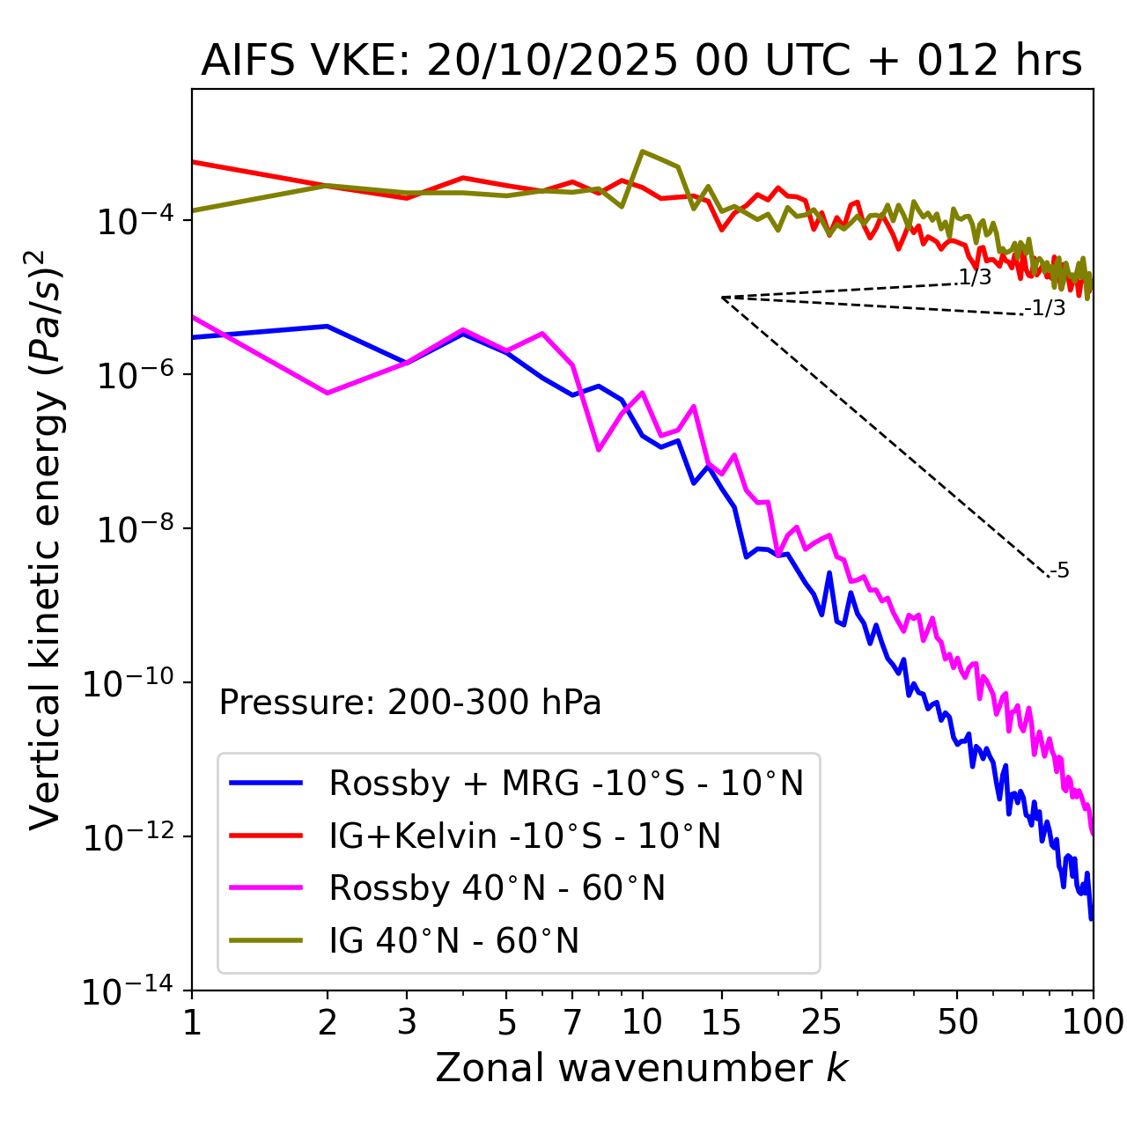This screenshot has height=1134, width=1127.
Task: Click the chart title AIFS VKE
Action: pyautogui.click(x=641, y=62)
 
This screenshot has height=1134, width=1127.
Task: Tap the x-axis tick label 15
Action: pyautogui.click(x=721, y=1022)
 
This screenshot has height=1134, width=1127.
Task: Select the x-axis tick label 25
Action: pyautogui.click(x=821, y=1022)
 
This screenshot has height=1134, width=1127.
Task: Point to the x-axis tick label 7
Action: pyautogui.click(x=572, y=1022)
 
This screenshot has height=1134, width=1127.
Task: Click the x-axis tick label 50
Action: pyautogui.click(x=957, y=1022)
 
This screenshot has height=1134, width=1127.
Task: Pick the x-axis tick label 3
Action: pyautogui.click(x=407, y=1022)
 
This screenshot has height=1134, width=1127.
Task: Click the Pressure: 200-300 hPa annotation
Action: pyautogui.click(x=410, y=703)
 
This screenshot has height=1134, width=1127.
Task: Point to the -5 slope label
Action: pyautogui.click(x=1060, y=571)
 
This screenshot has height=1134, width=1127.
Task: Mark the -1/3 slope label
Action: pyautogui.click(x=1046, y=308)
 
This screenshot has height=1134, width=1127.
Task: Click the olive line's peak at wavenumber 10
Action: pyautogui.click(x=643, y=151)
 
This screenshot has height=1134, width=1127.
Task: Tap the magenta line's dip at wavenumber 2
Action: pyautogui.click(x=328, y=393)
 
